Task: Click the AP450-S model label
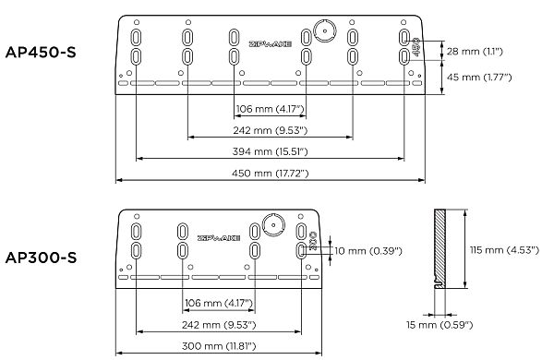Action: click(41, 53)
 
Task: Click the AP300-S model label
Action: click(41, 258)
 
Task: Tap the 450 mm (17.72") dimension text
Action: click(271, 174)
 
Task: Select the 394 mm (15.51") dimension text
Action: click(271, 151)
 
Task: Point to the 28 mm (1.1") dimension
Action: click(475, 52)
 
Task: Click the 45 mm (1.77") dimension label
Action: click(479, 77)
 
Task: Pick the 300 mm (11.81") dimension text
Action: click(219, 346)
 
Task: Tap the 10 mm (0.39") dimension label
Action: click(368, 251)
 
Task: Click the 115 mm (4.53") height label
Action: click(504, 250)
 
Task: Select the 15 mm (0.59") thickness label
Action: click(440, 325)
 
